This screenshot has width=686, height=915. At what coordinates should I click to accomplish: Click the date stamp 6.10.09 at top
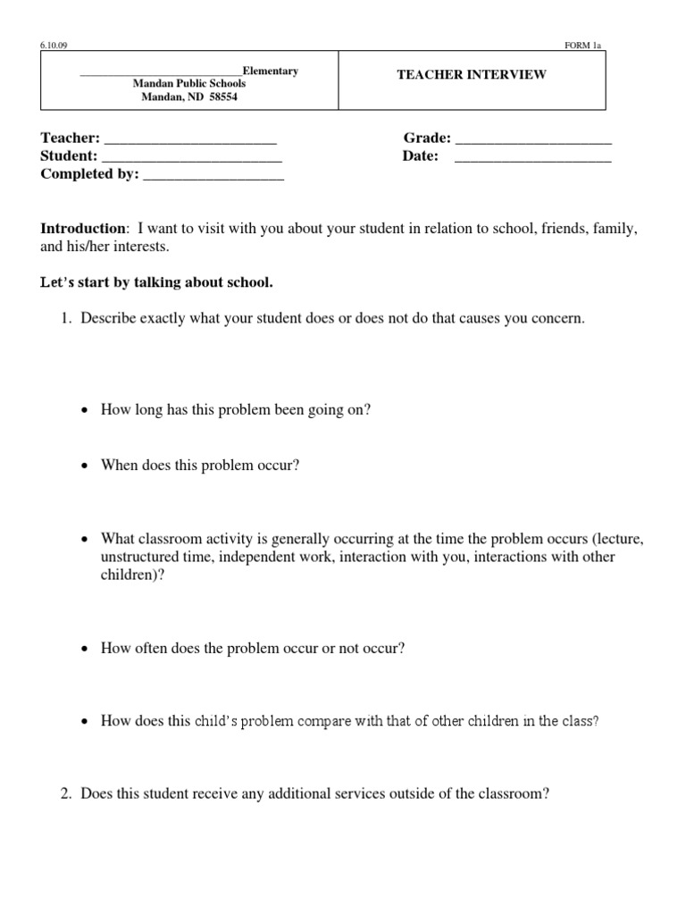pos(51,44)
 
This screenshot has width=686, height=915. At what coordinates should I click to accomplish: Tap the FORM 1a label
pos(583,44)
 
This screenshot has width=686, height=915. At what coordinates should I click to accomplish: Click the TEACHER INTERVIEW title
pos(472,75)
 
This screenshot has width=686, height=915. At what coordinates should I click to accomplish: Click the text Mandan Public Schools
pos(188,83)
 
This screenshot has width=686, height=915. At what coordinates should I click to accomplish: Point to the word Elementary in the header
pos(271,71)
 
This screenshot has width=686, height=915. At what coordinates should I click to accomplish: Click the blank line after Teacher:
pos(190,139)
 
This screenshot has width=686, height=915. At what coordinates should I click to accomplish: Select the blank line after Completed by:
pos(213,176)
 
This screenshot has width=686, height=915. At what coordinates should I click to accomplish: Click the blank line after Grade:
pos(533,139)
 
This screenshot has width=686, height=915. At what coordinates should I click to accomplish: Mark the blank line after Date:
pos(533,157)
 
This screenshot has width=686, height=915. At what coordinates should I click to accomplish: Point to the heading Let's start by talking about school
pos(156,282)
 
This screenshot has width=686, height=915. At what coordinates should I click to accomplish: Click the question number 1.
pos(66,319)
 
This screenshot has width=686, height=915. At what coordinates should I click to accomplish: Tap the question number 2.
pos(66,793)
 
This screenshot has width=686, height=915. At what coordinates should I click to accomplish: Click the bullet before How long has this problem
pos(84,410)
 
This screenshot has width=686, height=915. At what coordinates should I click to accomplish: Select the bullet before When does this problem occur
pos(84,466)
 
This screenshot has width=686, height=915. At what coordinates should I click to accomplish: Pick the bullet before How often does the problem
pos(84,650)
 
